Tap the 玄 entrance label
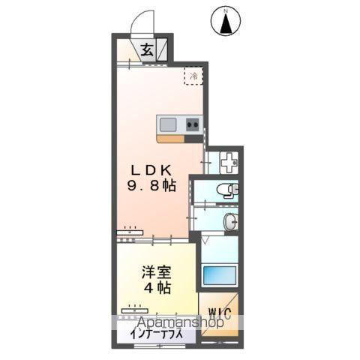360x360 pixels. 148,51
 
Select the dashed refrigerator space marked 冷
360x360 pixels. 193,76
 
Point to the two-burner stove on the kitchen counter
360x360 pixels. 191,124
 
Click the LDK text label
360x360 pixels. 153,169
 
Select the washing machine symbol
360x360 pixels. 220,160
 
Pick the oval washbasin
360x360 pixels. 231,220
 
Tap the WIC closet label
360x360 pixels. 220,311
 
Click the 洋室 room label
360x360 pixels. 156,272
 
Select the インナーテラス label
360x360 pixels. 156,336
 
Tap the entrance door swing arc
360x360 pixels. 142,24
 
